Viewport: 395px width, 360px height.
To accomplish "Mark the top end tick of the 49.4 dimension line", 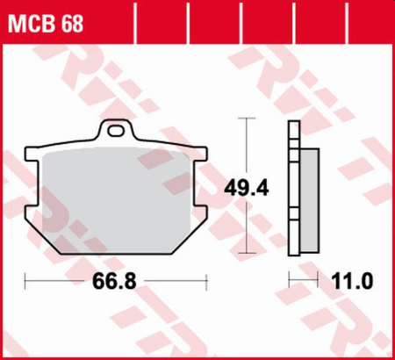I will coord(248,121).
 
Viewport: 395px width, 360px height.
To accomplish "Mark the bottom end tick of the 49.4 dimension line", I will coord(248,250).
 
